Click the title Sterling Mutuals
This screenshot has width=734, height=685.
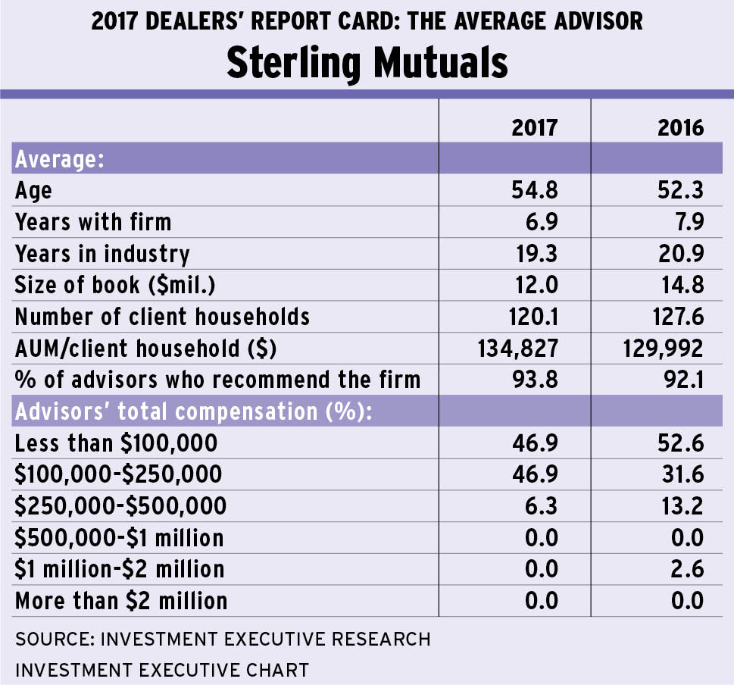pyautogui.click(x=367, y=63)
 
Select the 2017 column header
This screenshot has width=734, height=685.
pyautogui.click(x=535, y=127)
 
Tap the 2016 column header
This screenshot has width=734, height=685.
pyautogui.click(x=680, y=127)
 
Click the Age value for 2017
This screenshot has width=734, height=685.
pyautogui.click(x=535, y=190)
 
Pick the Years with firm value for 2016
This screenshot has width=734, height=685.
pyautogui.click(x=685, y=221)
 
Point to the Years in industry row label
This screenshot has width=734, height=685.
pyautogui.click(x=102, y=253)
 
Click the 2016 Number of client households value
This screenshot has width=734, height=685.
pyautogui.click(x=680, y=316)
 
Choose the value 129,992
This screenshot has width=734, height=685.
pyautogui.click(x=659, y=348)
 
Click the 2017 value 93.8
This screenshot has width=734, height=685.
pyautogui.click(x=535, y=379)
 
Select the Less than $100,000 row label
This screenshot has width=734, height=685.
pyautogui.click(x=116, y=443)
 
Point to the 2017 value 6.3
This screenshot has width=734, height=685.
pyautogui.click(x=541, y=505)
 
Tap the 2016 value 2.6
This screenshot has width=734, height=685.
pyautogui.click(x=686, y=569)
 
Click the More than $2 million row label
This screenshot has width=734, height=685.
pyautogui.click(x=121, y=601)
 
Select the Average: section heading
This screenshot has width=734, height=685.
pyautogui.click(x=59, y=159)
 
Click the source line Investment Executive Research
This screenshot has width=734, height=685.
pyautogui.click(x=223, y=639)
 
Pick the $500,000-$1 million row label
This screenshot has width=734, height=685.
pyautogui.click(x=119, y=538)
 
